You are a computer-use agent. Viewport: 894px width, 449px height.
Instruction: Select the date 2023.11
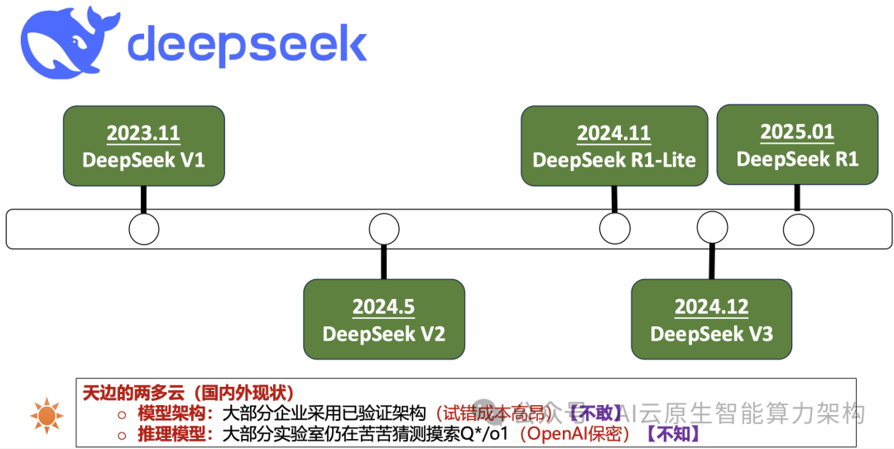[x=143, y=133]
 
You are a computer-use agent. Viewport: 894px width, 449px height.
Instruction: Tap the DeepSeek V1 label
[x=143, y=159]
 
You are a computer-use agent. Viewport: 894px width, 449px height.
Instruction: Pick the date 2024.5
[x=383, y=307]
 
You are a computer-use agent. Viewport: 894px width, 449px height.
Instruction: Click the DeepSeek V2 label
[x=383, y=334]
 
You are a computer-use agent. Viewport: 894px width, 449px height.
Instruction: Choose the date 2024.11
[x=613, y=133]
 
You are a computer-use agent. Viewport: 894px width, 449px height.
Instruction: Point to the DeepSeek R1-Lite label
[x=613, y=159]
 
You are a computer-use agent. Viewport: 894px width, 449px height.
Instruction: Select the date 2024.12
[x=711, y=307]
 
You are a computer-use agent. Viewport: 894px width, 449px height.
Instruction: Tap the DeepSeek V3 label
[x=711, y=334]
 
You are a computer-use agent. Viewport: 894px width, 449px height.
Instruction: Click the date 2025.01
[x=797, y=132]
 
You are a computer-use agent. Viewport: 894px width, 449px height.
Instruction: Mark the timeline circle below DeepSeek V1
[x=144, y=229]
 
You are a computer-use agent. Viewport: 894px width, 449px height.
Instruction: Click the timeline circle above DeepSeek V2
[x=383, y=229]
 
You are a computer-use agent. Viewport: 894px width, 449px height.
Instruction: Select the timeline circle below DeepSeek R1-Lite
[x=614, y=229]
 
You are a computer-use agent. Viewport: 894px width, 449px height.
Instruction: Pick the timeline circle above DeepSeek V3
[x=712, y=227]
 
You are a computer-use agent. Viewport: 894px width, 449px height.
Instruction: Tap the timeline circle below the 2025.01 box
[x=798, y=229]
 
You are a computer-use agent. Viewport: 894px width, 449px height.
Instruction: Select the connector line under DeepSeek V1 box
[x=144, y=199]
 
